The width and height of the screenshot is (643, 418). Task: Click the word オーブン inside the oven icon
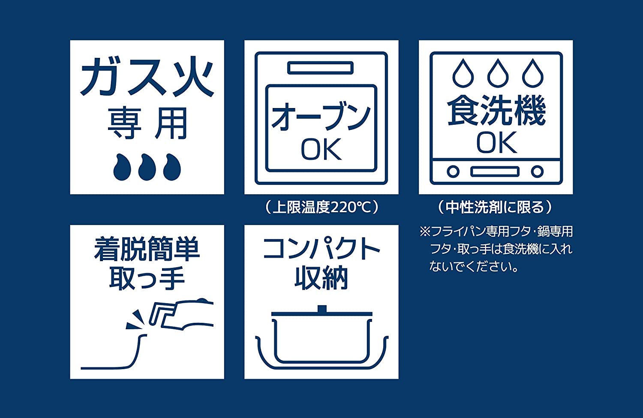(321, 117)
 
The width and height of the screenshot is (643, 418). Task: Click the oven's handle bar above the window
(321, 68)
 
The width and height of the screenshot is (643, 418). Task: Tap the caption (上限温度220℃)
(321, 207)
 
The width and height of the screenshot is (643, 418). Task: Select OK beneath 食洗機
(496, 142)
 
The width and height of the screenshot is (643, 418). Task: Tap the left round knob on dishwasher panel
(453, 172)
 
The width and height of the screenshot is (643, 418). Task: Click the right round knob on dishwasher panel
(537, 172)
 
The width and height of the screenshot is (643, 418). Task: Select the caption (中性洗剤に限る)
(495, 207)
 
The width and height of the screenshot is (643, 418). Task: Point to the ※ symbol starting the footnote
(424, 232)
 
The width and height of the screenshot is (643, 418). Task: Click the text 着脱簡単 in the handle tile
(147, 250)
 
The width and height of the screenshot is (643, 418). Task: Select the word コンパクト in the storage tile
(321, 249)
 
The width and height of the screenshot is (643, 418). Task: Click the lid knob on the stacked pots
(321, 309)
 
